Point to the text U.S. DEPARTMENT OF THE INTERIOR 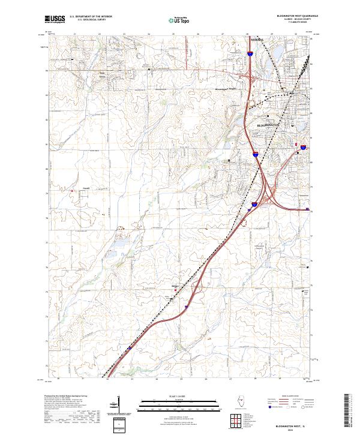[x=91, y=16]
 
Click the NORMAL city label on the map [x=256, y=40]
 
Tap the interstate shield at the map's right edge [x=304, y=146]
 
